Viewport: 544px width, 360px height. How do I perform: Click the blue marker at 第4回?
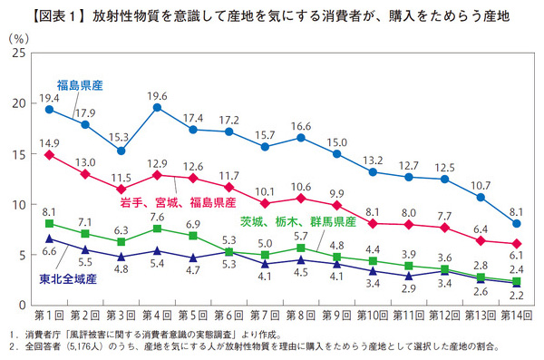pyautogui.click(x=158, y=108)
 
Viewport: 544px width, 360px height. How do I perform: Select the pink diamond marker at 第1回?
pyautogui.click(x=49, y=155)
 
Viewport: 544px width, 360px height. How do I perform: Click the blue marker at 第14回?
pyautogui.click(x=516, y=223)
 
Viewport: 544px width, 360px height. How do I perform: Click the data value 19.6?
pyautogui.click(x=158, y=95)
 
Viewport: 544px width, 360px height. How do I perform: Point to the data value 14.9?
pyautogui.click(x=49, y=141)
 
